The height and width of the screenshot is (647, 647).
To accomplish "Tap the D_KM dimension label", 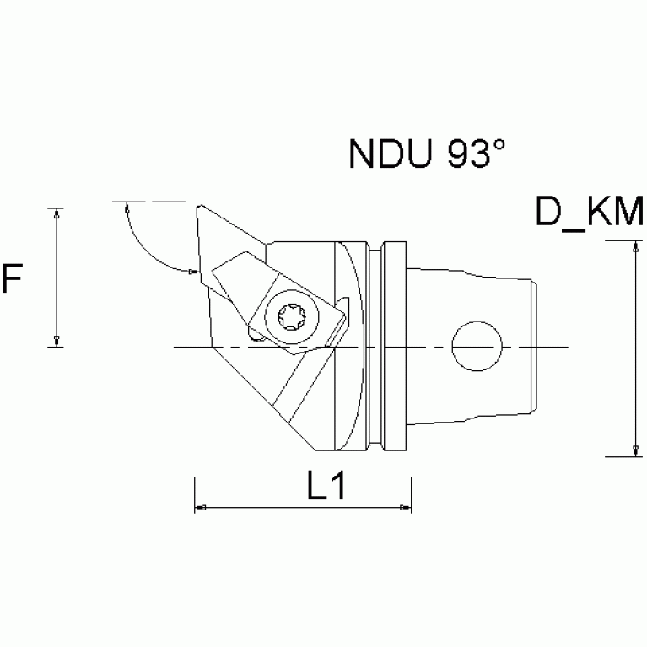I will point(590,213).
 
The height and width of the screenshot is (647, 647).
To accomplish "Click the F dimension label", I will point(12,278).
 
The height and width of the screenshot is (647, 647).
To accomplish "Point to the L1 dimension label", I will point(325,488).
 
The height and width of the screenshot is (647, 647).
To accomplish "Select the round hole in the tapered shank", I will point(477,347).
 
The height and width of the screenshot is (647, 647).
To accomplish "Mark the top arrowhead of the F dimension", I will point(56,214).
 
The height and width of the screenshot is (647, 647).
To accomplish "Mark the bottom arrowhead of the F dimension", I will point(56,340).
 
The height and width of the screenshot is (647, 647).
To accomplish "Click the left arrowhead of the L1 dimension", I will point(202,508).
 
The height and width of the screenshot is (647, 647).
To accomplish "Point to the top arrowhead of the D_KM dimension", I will point(633,248).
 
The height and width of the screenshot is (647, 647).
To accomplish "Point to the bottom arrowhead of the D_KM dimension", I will point(633,450).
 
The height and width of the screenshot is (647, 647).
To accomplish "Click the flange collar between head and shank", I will point(393,347).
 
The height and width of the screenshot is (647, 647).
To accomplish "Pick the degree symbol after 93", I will point(499,145).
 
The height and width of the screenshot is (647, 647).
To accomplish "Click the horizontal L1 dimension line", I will point(304,508).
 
